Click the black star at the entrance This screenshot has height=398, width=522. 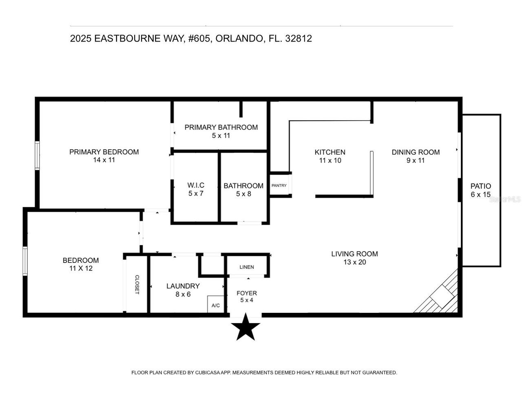click(246, 327)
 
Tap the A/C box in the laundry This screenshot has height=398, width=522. click(216, 305)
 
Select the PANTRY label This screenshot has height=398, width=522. click(279, 185)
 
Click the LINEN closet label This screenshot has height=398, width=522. click(247, 267)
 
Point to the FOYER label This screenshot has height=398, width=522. click(247, 293)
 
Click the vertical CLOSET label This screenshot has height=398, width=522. click(137, 284)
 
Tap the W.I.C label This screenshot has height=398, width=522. click(196, 185)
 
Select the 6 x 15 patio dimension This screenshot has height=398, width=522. click(481, 195)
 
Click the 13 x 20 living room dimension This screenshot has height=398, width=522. click(354, 262)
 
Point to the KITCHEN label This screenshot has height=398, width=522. click(330, 152)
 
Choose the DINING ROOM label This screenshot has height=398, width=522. click(416, 152)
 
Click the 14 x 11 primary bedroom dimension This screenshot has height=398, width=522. click(104, 160)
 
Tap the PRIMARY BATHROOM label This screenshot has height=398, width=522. click(221, 127)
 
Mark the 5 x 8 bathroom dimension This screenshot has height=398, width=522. click(243, 194)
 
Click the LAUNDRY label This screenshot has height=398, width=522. click(183, 286)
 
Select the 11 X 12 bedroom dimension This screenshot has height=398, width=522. click(81, 268)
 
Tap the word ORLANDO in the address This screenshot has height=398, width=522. click(239, 39)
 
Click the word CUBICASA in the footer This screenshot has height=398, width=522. click(206, 373)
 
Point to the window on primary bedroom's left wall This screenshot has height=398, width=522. click(37, 155)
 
